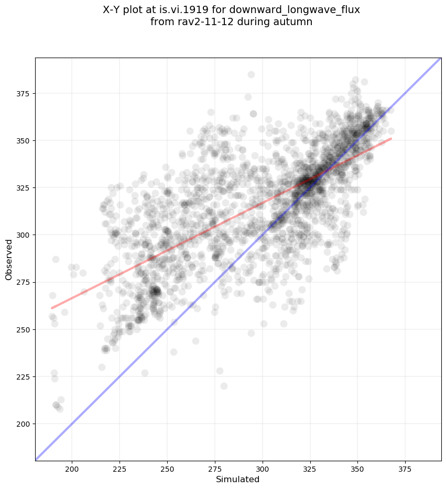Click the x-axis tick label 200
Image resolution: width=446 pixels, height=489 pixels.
click(x=72, y=468)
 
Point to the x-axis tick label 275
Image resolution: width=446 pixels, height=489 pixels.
click(x=215, y=468)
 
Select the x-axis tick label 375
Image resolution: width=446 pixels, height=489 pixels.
click(x=405, y=468)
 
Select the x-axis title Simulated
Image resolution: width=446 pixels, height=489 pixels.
click(x=238, y=479)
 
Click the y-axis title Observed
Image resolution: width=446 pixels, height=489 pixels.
click(x=9, y=259)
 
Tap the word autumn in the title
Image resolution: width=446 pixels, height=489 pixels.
click(x=295, y=22)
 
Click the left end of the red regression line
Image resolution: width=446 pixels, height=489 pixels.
click(x=52, y=308)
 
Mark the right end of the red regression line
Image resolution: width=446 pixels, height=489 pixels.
click(x=391, y=139)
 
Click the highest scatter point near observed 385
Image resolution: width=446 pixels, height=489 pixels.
click(x=251, y=74)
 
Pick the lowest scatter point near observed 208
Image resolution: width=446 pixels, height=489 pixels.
click(x=60, y=408)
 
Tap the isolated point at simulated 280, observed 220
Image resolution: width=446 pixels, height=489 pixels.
click(x=224, y=386)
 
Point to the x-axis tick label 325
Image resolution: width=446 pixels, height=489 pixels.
click(x=310, y=468)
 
